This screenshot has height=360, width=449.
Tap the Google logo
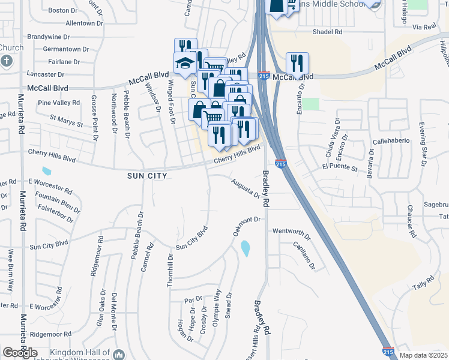tap(20, 353)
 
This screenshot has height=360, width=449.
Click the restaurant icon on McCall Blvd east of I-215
tap(297, 63)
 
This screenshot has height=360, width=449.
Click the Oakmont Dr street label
tap(246, 226)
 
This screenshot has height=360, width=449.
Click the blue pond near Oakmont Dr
tap(246, 248)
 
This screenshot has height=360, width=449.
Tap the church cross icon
tap(7, 61)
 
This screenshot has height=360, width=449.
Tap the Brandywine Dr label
tap(44, 36)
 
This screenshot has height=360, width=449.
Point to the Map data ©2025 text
tap(423, 355)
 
